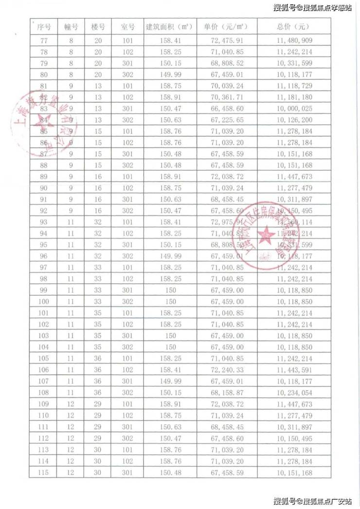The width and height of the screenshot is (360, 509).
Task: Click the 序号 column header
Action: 44,27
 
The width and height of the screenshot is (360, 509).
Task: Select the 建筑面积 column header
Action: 170,27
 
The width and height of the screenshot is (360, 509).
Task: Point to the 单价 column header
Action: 227,27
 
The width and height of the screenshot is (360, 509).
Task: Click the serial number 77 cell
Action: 44,40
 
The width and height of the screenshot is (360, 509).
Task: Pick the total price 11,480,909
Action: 294,40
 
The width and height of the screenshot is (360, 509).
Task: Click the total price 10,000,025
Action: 294,108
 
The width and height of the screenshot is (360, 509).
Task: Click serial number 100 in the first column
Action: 44,302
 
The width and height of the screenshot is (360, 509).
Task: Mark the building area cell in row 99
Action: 170,291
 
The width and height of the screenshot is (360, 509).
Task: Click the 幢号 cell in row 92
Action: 71,210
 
